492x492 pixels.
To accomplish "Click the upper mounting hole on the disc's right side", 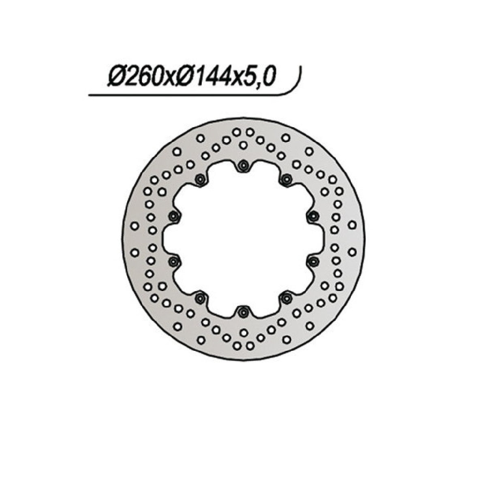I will (313, 216).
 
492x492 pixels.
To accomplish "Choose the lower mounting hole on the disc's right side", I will (313, 261).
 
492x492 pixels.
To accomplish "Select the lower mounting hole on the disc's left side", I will (174, 261).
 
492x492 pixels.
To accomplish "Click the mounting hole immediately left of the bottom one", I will (199, 298).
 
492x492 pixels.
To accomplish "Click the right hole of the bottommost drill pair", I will (250, 345).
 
